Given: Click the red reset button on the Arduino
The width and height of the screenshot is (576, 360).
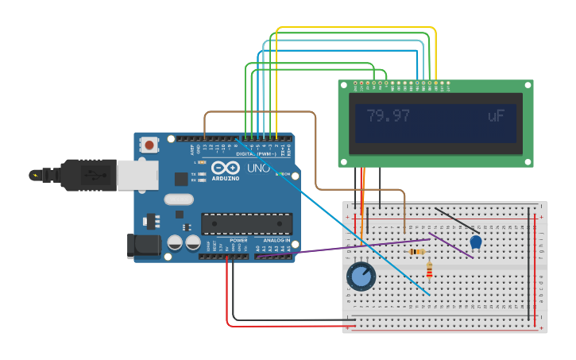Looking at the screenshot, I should [x=149, y=145].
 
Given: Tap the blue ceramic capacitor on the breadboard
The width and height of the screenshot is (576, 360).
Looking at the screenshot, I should [x=475, y=242].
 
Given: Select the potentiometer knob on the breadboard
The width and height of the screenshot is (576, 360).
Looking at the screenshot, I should [x=361, y=277].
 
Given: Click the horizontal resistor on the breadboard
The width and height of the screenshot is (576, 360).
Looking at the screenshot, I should [x=416, y=252].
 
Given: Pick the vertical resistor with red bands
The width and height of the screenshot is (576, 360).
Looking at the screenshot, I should [x=429, y=270].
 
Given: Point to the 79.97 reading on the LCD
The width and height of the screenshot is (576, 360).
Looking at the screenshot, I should [x=389, y=116].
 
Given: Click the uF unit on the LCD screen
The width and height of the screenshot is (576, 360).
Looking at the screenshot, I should [x=496, y=116].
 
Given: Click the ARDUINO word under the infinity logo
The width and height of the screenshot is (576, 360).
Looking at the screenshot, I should [x=226, y=179].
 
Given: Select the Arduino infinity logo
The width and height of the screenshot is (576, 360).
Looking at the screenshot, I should [x=225, y=168].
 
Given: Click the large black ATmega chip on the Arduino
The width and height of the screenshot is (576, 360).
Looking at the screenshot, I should [x=245, y=224].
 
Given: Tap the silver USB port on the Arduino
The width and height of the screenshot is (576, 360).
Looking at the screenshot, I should [x=137, y=175].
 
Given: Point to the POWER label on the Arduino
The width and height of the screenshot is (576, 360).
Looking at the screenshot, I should [x=238, y=240].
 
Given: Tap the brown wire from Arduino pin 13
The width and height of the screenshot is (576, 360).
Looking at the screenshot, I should [x=262, y=112].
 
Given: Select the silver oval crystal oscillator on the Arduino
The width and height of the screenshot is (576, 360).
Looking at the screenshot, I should [x=178, y=199].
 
